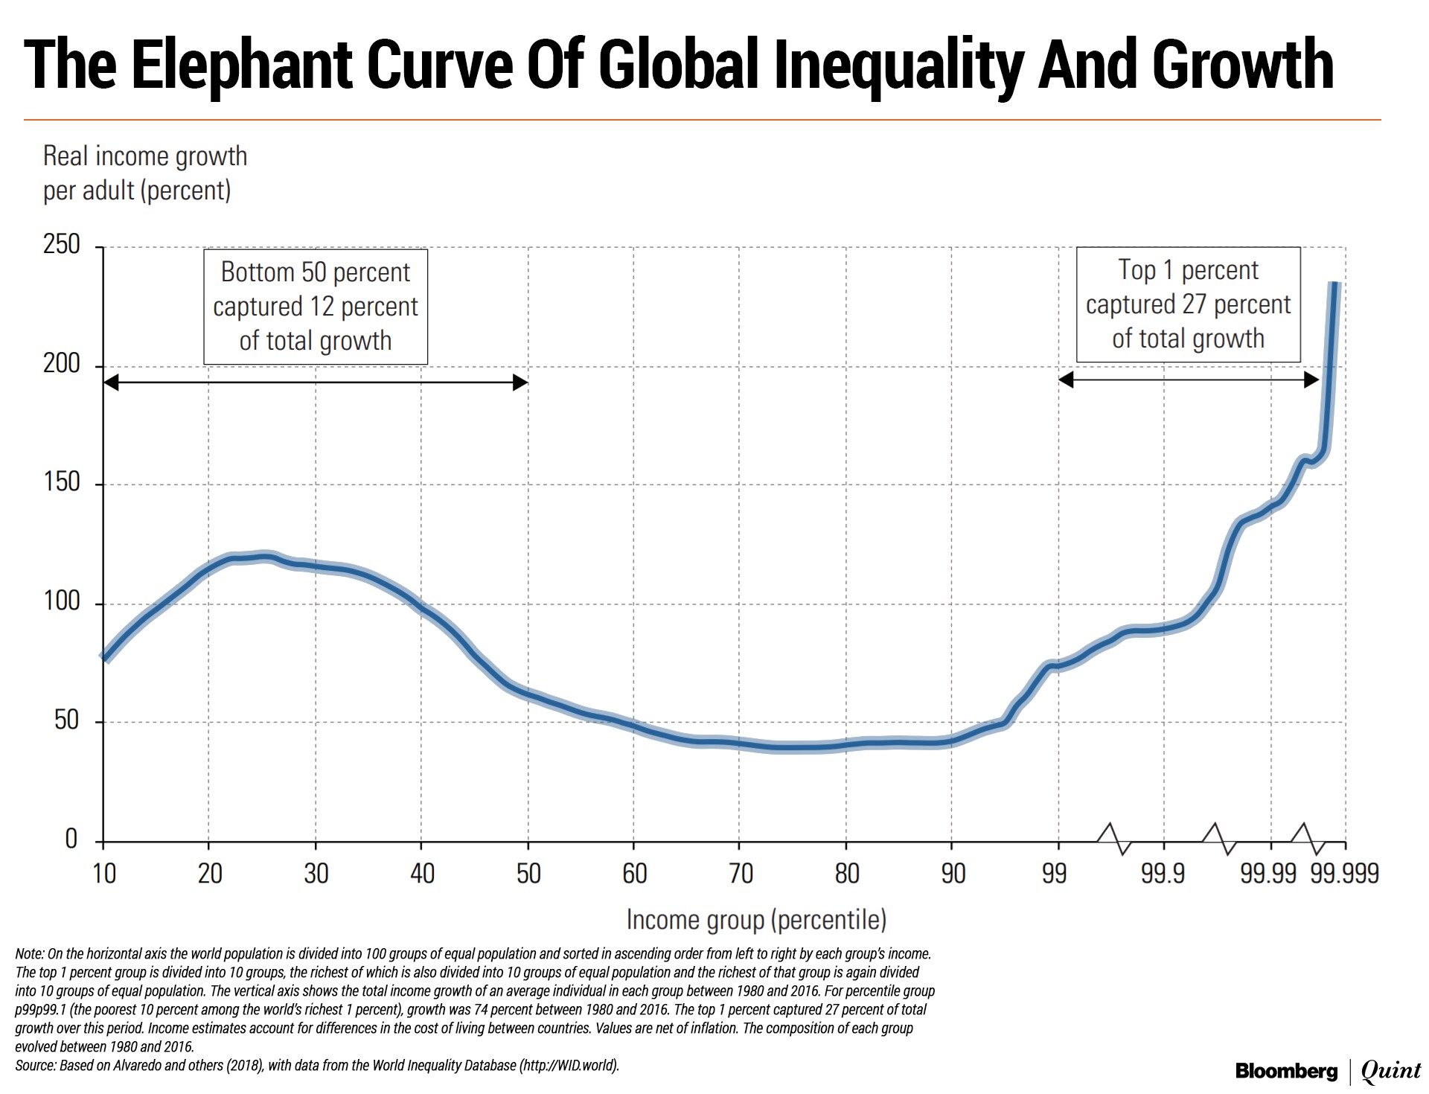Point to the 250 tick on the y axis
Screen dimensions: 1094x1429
click(x=62, y=244)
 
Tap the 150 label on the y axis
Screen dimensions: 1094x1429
click(x=62, y=482)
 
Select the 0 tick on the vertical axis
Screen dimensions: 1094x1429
click(x=71, y=839)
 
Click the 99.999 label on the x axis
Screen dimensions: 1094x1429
click(x=1345, y=873)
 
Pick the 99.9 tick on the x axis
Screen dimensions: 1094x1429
click(x=1163, y=873)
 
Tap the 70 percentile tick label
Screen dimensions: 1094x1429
click(x=740, y=873)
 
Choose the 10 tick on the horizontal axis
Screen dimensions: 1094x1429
click(x=103, y=873)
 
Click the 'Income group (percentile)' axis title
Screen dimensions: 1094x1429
click(x=756, y=920)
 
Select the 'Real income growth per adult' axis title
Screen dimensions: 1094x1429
click(x=144, y=173)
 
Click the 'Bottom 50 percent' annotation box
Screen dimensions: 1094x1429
click(x=316, y=307)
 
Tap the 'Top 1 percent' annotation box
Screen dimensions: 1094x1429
click(x=1188, y=304)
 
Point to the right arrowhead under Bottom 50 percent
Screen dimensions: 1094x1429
click(x=521, y=383)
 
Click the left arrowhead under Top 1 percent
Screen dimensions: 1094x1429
click(x=1066, y=380)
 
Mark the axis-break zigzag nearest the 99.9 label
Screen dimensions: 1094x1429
click(x=1114, y=838)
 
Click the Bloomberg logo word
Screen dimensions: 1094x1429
click(x=1286, y=1072)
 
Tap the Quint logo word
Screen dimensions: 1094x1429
click(x=1391, y=1072)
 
